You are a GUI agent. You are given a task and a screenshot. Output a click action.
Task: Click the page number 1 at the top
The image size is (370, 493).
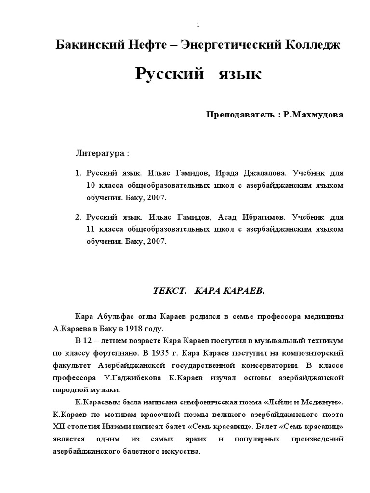(185, 25)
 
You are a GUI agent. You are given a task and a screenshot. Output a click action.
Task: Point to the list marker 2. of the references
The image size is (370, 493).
(78, 217)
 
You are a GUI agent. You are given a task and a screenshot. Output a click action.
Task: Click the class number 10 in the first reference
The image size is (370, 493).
(91, 185)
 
